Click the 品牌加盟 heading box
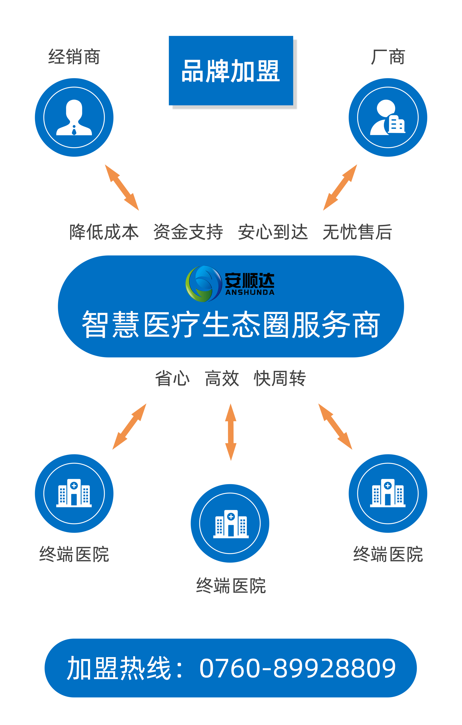[x=231, y=70]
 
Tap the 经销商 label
[x=74, y=57]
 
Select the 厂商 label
[x=388, y=57]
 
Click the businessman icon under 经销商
[x=74, y=117]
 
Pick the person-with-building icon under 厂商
[x=388, y=117]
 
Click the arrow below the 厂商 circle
[x=340, y=187]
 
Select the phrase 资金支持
[x=188, y=232]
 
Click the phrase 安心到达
[x=273, y=232]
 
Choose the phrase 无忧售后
[x=357, y=232]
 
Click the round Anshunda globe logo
[x=204, y=284]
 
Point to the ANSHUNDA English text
[x=250, y=292]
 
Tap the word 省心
[x=172, y=378]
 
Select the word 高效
[x=222, y=378]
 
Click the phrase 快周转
[x=280, y=378]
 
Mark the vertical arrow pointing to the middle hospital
[x=231, y=432]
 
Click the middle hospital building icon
[x=231, y=524]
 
